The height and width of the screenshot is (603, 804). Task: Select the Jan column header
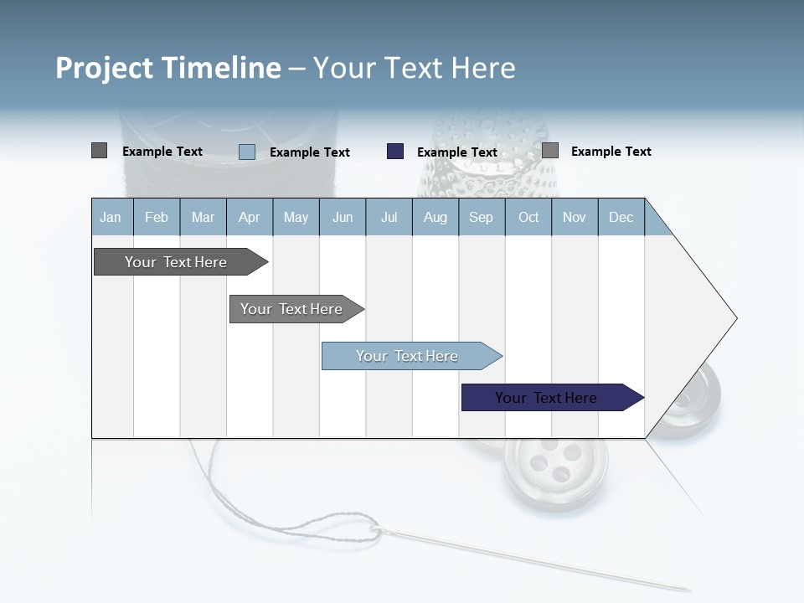pyautogui.click(x=111, y=217)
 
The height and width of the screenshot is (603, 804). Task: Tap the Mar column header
pyautogui.click(x=203, y=217)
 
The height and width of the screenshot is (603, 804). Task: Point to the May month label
pyautogui.click(x=296, y=217)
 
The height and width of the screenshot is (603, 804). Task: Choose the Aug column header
pyautogui.click(x=435, y=217)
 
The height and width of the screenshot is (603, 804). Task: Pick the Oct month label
pyautogui.click(x=528, y=217)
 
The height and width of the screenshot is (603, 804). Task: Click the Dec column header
pyautogui.click(x=621, y=217)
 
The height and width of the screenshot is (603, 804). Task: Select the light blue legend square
pyautogui.click(x=247, y=152)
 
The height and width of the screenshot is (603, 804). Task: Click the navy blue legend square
pyautogui.click(x=395, y=152)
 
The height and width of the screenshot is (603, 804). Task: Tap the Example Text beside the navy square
pyautogui.click(x=457, y=152)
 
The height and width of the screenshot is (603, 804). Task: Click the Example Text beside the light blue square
pyautogui.click(x=310, y=152)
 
